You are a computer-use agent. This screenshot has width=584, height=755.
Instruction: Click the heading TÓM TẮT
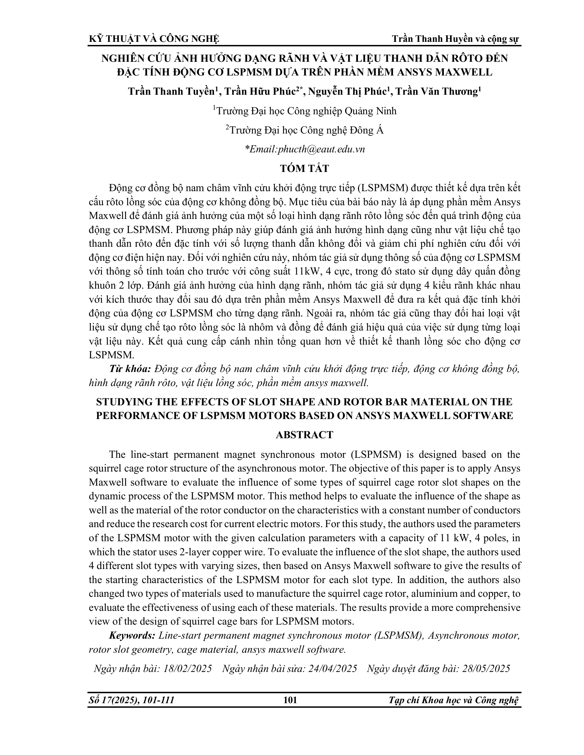[304, 169]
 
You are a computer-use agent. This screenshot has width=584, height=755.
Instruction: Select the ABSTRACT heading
[304, 435]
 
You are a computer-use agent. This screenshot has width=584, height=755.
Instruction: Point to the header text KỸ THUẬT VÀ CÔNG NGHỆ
[154, 39]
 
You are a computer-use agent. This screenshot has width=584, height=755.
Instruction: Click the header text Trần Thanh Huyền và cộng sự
[455, 39]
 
